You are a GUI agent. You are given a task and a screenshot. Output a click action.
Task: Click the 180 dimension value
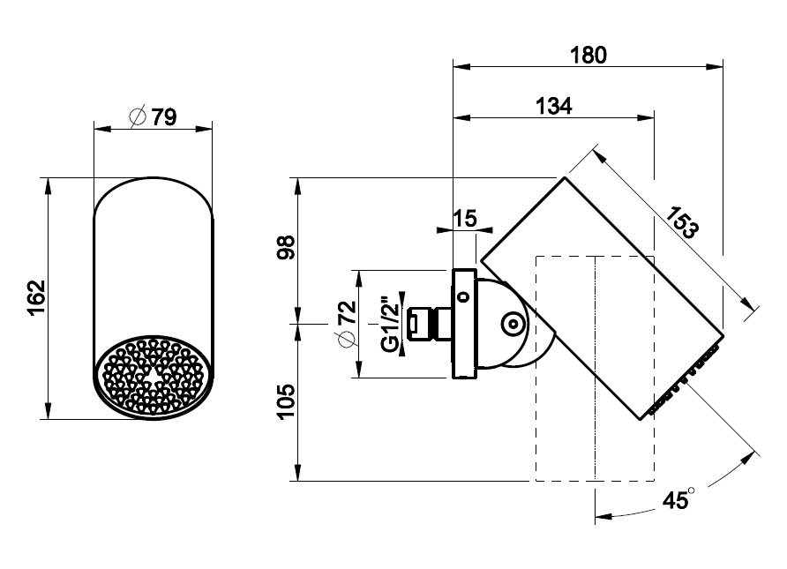point(588,55)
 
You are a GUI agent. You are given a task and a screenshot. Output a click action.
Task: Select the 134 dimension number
point(553,106)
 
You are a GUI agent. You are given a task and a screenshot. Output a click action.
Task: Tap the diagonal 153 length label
point(681,222)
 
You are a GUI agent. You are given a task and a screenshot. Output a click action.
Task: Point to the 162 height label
point(37,297)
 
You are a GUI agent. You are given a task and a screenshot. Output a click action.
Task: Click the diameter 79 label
point(154,117)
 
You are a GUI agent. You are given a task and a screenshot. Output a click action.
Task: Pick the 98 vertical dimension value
point(286,247)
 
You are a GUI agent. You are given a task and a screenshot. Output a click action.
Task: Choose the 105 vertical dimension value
point(286,401)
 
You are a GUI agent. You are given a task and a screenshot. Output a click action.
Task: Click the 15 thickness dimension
point(465,219)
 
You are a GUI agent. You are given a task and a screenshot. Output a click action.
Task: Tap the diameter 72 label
point(347,324)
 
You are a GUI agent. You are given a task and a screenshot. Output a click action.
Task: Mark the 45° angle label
point(678,499)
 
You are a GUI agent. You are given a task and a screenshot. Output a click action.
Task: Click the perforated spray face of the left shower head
point(154,377)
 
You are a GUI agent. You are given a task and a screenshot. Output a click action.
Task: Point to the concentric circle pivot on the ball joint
point(513,324)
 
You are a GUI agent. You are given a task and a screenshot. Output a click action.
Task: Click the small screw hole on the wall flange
point(464,296)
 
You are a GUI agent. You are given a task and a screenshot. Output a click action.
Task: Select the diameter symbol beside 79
point(138,117)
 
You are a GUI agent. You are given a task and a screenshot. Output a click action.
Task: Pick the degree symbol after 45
point(691,490)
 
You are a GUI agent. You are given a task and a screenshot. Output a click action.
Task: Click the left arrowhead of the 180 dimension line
point(461,66)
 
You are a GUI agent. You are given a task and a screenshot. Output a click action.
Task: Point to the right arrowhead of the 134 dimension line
point(646,118)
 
